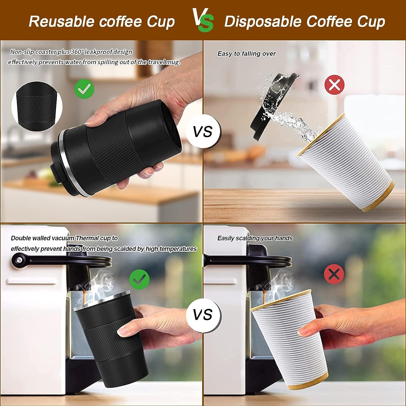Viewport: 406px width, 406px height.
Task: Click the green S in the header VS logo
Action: (x=206, y=24)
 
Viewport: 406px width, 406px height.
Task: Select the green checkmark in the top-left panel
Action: (x=84, y=88)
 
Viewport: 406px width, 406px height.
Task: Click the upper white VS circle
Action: (x=203, y=132)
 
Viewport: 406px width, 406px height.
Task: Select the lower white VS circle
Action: (x=203, y=315)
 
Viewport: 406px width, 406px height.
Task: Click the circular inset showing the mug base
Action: (x=37, y=107)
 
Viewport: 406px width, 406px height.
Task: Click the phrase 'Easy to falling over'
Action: (x=246, y=54)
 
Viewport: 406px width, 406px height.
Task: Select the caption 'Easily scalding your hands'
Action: (x=255, y=238)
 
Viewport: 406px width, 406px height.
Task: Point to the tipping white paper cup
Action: (x=346, y=162)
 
